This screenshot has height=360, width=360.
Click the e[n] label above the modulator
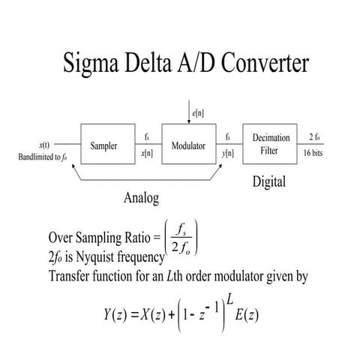point(198,113)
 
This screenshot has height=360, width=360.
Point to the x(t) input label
point(44,145)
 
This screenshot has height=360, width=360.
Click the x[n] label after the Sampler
point(147,153)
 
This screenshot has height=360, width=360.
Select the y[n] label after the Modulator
point(228,153)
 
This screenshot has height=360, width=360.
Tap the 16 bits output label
point(313,153)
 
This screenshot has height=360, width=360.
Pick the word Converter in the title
point(265,62)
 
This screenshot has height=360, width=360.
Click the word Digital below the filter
point(269,181)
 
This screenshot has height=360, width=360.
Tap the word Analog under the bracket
point(141,198)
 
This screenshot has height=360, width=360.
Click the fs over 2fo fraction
point(181,238)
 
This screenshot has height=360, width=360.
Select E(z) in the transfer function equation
point(247,314)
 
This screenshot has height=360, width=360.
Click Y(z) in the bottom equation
point(115,314)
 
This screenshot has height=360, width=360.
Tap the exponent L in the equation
point(229,299)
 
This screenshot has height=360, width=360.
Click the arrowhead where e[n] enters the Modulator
point(189,121)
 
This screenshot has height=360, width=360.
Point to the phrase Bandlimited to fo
point(43,157)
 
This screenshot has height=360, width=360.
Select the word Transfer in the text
point(69,276)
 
